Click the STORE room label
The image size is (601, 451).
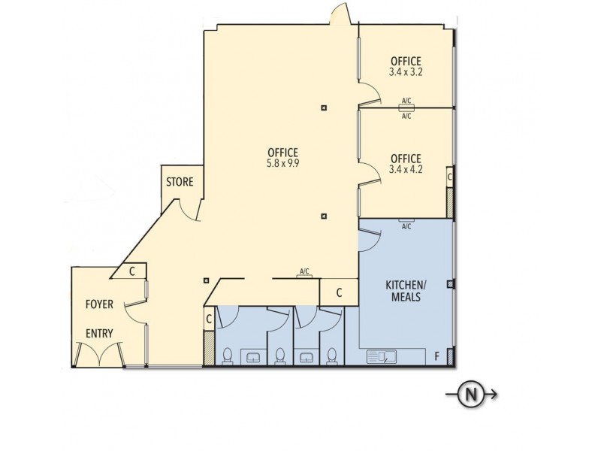click(x=180, y=182)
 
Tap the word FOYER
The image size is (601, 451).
click(x=99, y=304)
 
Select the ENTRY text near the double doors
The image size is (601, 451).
click(x=99, y=333)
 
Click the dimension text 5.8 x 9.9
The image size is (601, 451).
click(x=282, y=163)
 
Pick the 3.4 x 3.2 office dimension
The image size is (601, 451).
click(x=406, y=72)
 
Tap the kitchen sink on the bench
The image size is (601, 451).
click(x=382, y=357)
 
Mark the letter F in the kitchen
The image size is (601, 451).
click(x=436, y=356)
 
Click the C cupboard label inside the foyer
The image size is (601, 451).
click(x=131, y=271)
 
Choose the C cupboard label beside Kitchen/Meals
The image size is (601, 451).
click(x=339, y=292)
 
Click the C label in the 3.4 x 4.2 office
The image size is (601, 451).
click(x=449, y=177)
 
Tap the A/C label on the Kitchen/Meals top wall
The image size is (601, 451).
click(x=406, y=226)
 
